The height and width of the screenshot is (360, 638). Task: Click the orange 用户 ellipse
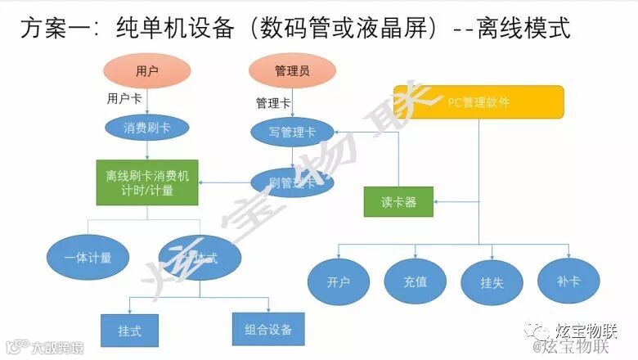coord(147,70)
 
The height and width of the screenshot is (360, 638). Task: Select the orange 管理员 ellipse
coord(292,70)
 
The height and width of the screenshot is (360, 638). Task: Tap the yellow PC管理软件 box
coord(478,101)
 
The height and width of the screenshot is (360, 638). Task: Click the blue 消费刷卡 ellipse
coord(146,128)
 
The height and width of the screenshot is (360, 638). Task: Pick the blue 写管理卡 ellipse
coord(292,130)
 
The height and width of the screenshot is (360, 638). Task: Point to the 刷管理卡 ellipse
coord(292,182)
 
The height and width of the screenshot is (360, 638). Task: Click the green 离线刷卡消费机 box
coord(146,182)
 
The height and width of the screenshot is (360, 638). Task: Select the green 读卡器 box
coord(399,202)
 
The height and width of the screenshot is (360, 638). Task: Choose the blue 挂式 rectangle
coord(129,331)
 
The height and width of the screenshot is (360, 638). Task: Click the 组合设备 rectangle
coord(268,330)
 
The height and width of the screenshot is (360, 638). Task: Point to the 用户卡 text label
coord(124,98)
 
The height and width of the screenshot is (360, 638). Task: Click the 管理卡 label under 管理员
coord(272,103)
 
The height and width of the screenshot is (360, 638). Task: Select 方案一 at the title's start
coord(50,29)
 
